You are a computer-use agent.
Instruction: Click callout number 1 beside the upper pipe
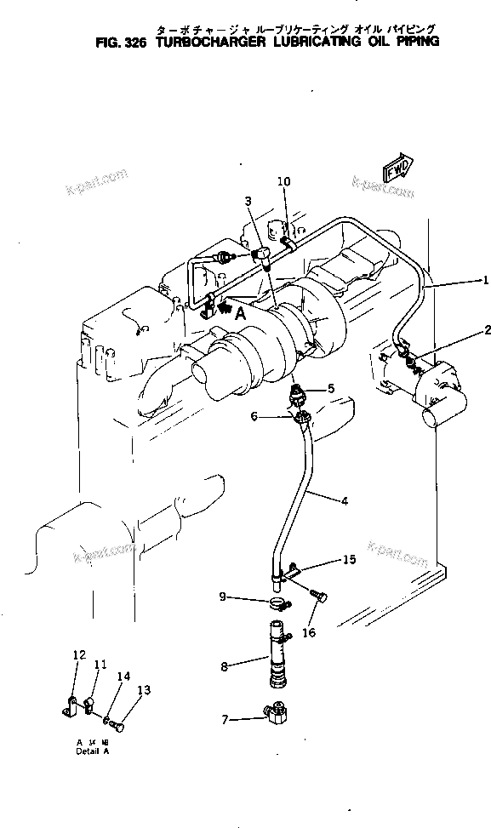click(x=485, y=280)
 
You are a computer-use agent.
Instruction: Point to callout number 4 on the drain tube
click(x=344, y=501)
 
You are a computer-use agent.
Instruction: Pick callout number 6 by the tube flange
click(x=254, y=415)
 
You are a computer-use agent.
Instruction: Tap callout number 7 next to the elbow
click(x=225, y=719)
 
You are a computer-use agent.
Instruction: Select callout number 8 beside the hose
click(x=225, y=666)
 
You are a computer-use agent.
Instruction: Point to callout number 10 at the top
click(x=283, y=181)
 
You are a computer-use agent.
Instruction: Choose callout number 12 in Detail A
click(x=79, y=655)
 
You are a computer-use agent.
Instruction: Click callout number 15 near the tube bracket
click(x=349, y=559)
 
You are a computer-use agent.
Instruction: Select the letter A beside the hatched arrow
click(x=240, y=312)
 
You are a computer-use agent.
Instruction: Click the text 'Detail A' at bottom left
click(x=92, y=752)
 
